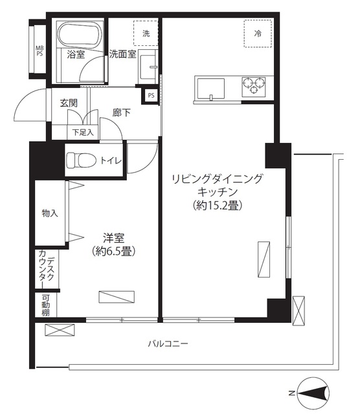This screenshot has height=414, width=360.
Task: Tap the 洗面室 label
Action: pos(122,54)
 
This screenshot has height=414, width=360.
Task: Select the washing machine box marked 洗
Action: pos(146,34)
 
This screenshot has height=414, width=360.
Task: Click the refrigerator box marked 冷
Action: pos(258,32)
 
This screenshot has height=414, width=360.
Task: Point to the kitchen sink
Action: pos(210,87)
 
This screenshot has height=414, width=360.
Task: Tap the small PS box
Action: pos(151,95)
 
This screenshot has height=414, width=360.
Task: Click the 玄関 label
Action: pos(69,103)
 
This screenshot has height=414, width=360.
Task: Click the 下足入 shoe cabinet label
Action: pos(82,132)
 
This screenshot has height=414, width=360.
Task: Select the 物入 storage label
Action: pos(49,212)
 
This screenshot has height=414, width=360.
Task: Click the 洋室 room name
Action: pos(113,237)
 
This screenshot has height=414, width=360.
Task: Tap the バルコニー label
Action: pos(167,344)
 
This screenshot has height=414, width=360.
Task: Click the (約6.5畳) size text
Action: pos(113,250)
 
